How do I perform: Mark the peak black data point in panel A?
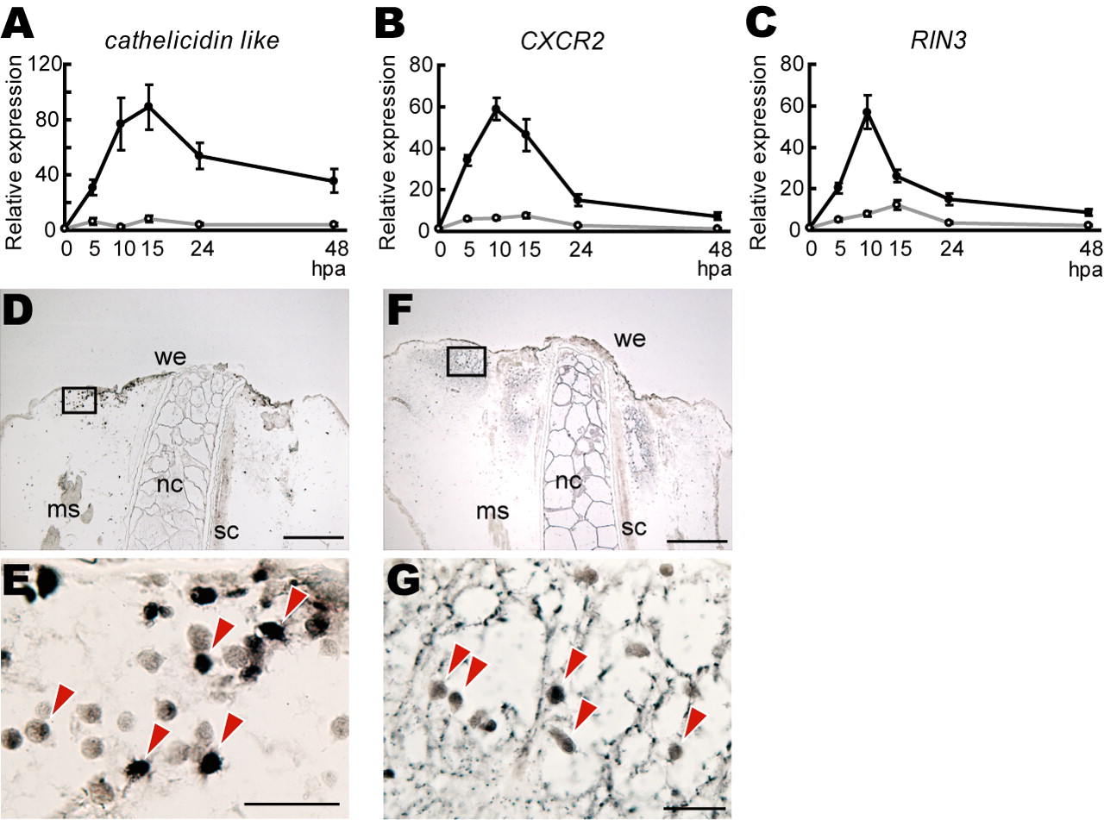(x=148, y=107)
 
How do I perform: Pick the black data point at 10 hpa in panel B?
(x=497, y=110)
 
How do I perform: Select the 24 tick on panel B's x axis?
(x=576, y=251)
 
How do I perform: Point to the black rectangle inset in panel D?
(x=79, y=400)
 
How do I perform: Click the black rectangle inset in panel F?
(x=466, y=361)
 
